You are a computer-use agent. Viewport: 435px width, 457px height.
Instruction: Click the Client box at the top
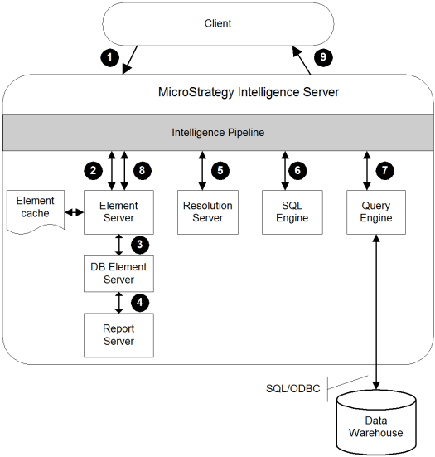pos(218,24)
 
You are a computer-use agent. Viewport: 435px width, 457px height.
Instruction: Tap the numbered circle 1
pos(109,57)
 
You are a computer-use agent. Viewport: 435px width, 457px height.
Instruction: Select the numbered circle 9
pos(323,57)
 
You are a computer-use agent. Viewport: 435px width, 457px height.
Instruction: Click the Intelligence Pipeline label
pos(218,133)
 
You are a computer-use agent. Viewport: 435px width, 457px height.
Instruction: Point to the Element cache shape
pos(36,211)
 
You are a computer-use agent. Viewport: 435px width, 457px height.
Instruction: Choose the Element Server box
pos(118,212)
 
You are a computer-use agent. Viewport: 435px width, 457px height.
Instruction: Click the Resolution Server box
pos(208,212)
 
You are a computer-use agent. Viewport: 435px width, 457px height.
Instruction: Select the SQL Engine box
pos(292,212)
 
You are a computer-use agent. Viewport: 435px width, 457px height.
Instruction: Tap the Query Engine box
pos(376,212)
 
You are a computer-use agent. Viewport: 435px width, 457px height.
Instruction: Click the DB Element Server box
pos(118,274)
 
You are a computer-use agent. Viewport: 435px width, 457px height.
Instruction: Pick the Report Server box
pos(118,335)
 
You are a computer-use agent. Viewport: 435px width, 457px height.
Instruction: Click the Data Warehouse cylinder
pos(376,423)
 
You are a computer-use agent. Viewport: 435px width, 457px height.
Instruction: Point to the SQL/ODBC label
pos(293,388)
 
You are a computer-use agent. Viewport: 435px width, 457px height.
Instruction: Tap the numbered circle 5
pos(220,171)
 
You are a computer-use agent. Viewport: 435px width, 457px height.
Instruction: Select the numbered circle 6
pos(297,170)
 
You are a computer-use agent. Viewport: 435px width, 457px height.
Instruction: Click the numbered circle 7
pos(384,170)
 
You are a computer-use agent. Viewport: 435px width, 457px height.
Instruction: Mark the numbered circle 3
pos(140,245)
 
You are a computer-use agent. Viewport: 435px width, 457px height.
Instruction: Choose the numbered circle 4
pos(140,303)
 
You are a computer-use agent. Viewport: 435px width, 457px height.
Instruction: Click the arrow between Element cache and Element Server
pos(75,212)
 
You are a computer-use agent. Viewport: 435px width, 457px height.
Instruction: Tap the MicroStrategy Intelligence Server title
pos(249,92)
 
